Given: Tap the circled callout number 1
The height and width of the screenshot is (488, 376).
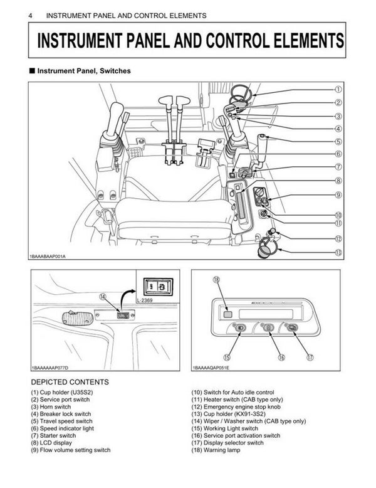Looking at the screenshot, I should coord(338,90).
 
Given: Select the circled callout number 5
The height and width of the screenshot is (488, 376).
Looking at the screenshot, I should coord(338,142).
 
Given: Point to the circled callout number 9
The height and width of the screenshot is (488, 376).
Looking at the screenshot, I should coord(338,195).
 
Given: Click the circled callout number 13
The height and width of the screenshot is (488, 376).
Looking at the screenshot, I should coord(338,253).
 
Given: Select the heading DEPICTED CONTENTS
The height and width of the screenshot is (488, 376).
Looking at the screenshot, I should coord(70,382).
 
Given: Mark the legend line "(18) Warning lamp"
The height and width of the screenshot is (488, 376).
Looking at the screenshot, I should coord(216,450).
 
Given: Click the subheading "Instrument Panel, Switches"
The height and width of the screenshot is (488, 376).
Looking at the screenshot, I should coord(83,72).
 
